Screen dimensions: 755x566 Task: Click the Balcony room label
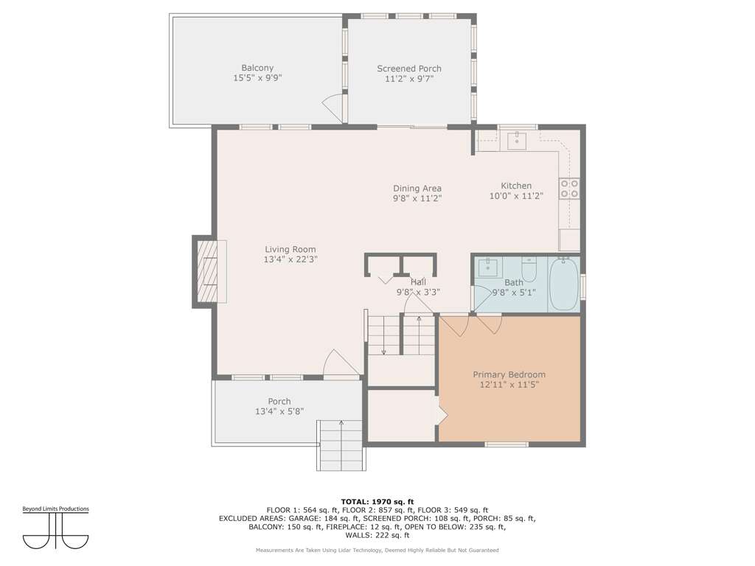point(257,68)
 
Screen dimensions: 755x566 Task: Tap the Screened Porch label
point(409,69)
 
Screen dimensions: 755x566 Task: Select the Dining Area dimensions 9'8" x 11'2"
point(417,198)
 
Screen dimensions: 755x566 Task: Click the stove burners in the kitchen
point(569,188)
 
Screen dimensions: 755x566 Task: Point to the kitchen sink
point(518,139)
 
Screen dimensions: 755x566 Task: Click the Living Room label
point(290,249)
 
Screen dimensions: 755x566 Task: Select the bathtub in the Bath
point(564,284)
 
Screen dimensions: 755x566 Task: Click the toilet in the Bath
point(529,270)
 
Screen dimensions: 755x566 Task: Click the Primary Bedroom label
point(509,374)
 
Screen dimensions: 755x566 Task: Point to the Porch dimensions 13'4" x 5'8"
point(279,411)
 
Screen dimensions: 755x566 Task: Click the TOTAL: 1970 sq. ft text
point(377,501)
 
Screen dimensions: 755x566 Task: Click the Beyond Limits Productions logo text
point(56,509)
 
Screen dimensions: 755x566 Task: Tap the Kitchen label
point(516,186)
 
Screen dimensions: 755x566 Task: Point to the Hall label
point(418,282)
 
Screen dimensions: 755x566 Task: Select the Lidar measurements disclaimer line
point(377,550)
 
